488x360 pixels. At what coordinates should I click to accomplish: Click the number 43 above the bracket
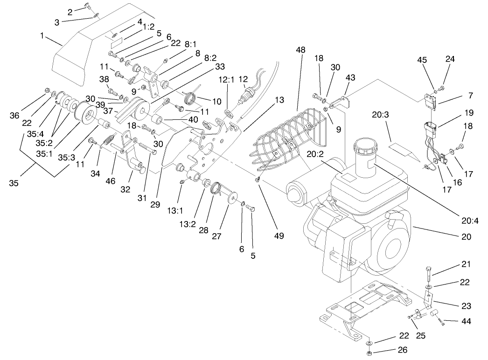[x=350, y=77]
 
